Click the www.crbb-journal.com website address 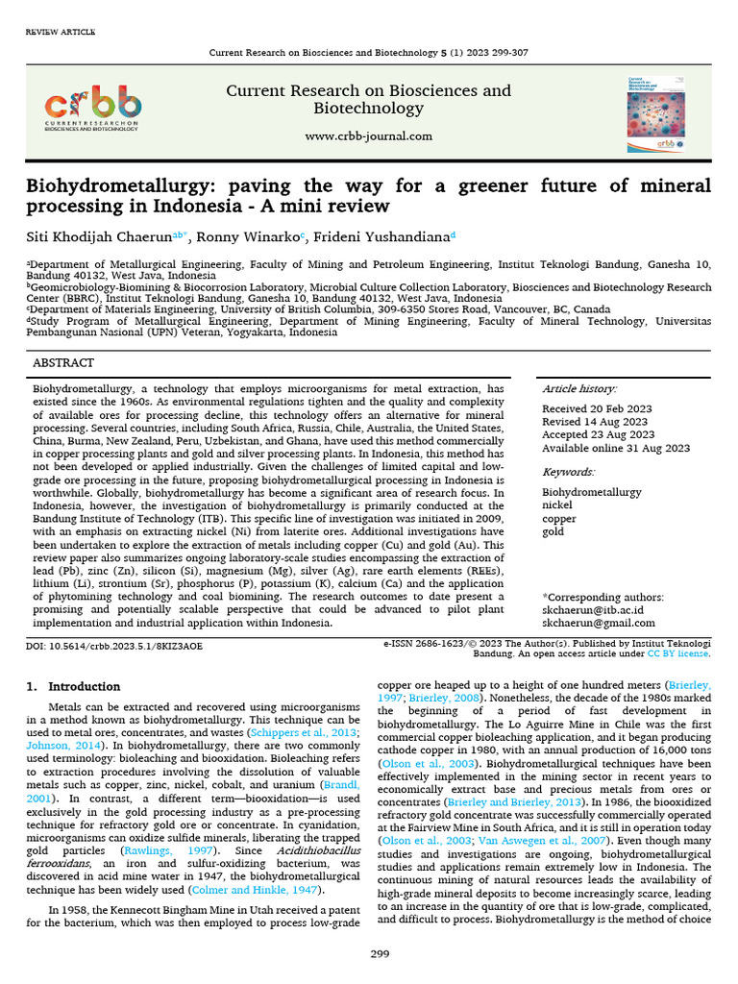[x=368, y=136]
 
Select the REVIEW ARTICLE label [x=60, y=33]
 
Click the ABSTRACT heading [x=63, y=363]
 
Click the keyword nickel [x=557, y=505]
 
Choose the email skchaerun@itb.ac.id [x=593, y=610]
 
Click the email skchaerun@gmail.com [x=598, y=624]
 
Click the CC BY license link [x=678, y=653]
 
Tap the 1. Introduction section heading [x=73, y=687]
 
